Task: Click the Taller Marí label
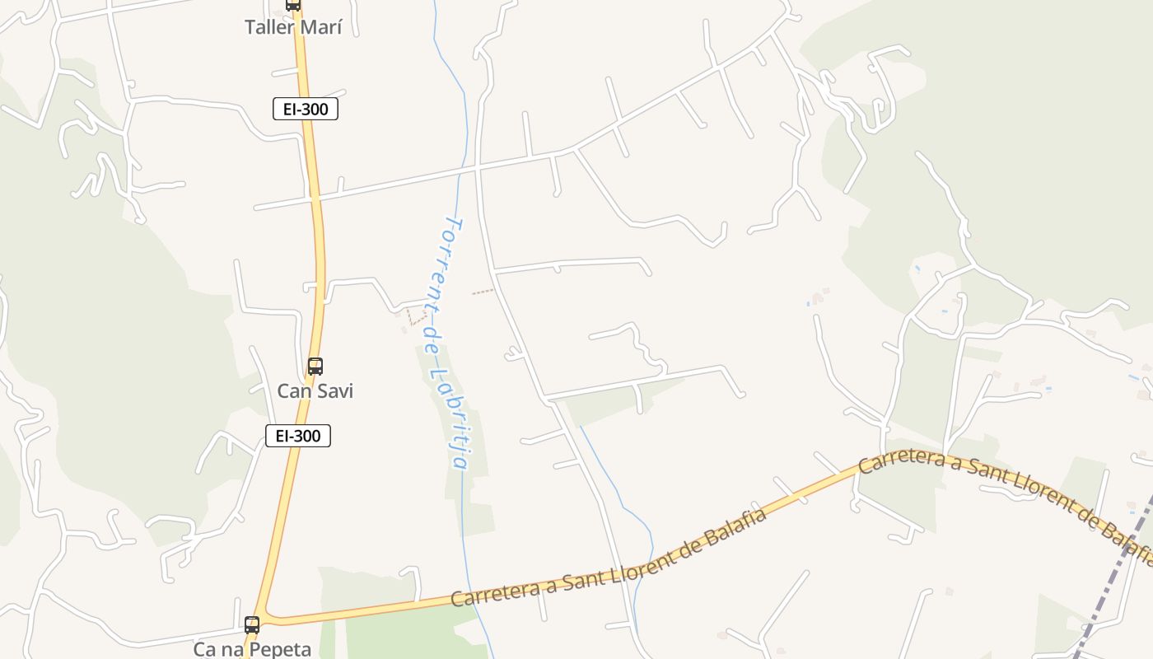click(292, 27)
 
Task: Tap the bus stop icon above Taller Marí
click(292, 4)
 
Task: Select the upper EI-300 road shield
click(306, 109)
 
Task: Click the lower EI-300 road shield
click(297, 436)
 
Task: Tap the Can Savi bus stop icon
click(315, 367)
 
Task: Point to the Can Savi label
click(315, 390)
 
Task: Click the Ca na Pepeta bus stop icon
click(252, 624)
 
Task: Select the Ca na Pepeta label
click(252, 649)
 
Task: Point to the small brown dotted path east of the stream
click(483, 291)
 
